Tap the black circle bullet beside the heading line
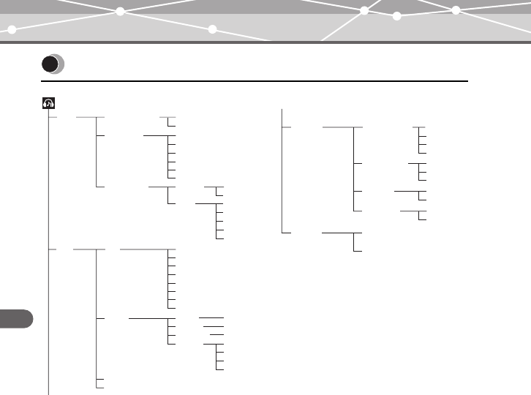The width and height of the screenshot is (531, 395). tap(50, 64)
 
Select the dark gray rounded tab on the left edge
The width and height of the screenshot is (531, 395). tap(16, 319)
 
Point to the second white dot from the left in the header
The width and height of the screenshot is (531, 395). tap(119, 12)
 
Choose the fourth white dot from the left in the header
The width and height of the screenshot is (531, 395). tap(364, 11)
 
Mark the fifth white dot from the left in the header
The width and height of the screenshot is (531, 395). tap(397, 15)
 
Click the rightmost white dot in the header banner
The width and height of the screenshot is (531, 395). tap(456, 11)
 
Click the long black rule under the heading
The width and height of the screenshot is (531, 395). tap(256, 80)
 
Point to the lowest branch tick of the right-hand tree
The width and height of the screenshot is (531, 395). tap(357, 250)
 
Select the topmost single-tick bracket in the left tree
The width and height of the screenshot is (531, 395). tap(169, 121)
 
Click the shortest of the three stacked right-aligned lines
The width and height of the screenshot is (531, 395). tap(216, 334)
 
